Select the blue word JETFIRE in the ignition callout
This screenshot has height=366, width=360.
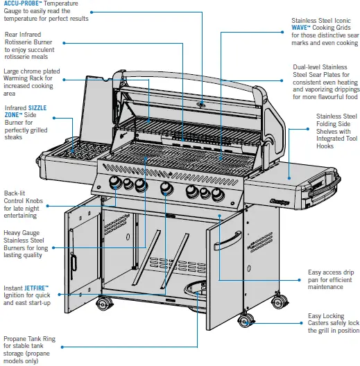click(x=35, y=286)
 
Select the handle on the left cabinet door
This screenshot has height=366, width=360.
click(x=72, y=265)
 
